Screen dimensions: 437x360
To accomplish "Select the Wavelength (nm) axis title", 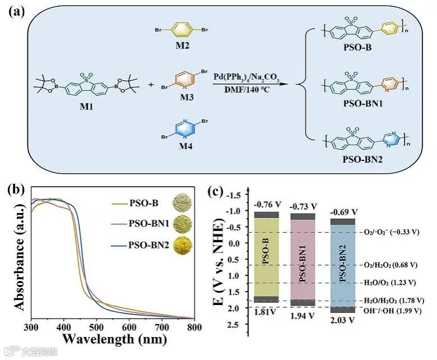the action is (112, 339).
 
